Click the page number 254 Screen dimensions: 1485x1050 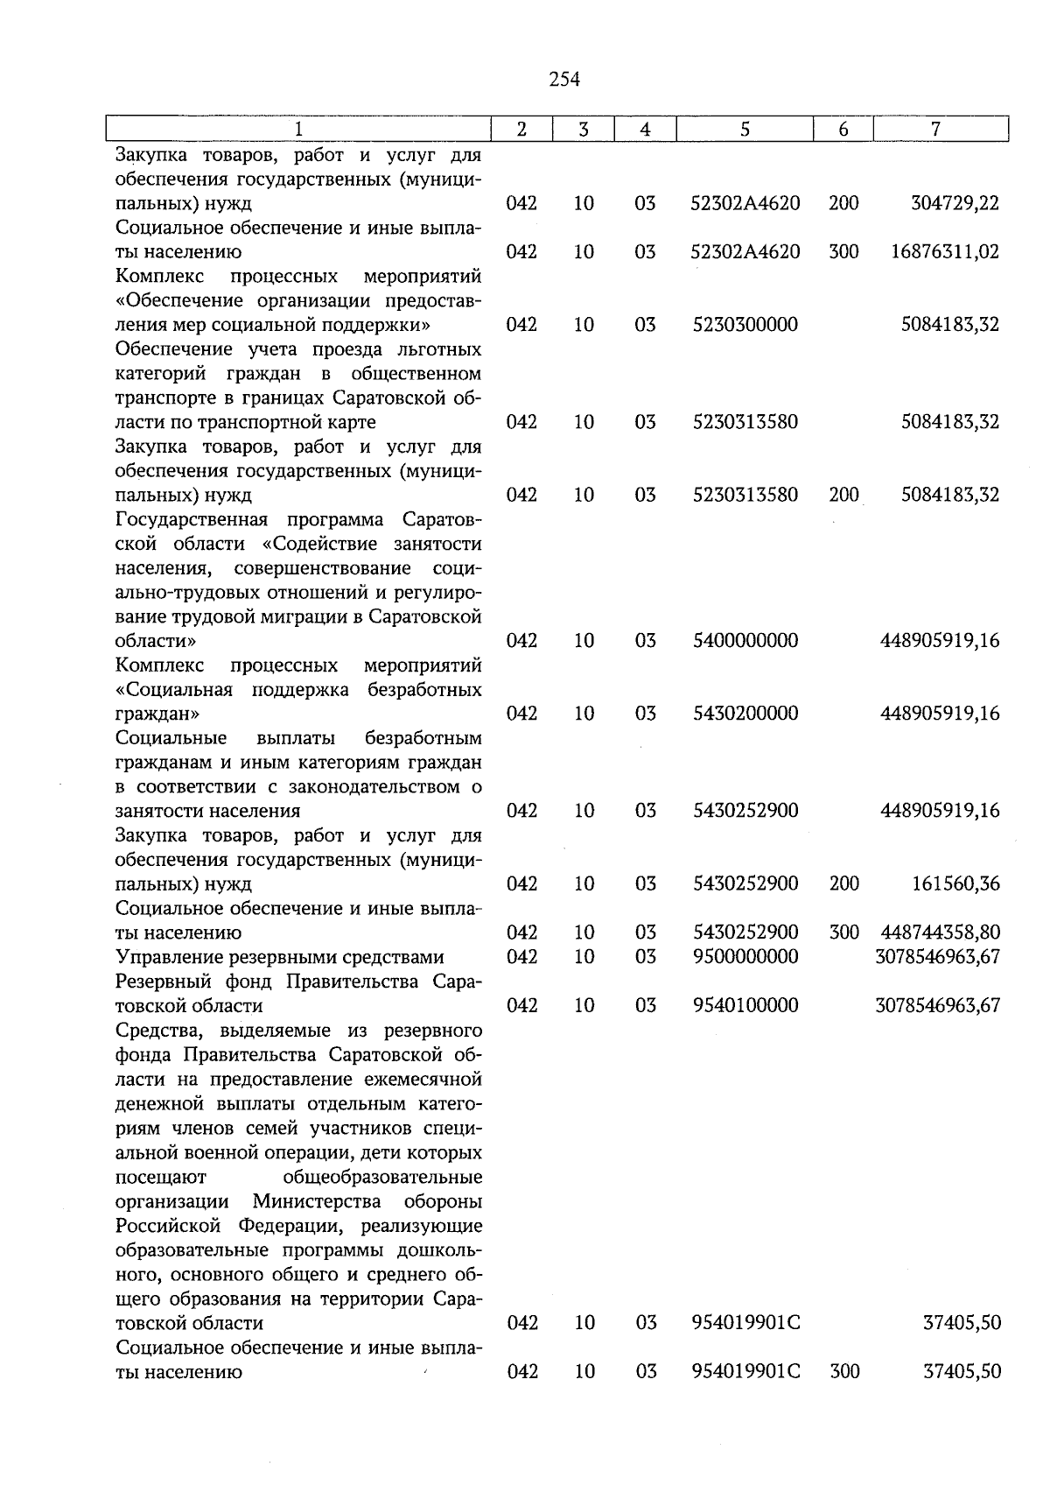pyautogui.click(x=564, y=80)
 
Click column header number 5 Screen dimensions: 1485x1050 pyautogui.click(x=745, y=129)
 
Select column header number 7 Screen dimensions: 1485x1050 pyautogui.click(x=935, y=129)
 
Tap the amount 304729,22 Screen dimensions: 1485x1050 pyautogui.click(x=955, y=203)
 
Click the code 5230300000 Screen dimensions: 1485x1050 pyautogui.click(x=745, y=325)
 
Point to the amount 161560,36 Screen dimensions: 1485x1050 pyautogui.click(x=955, y=883)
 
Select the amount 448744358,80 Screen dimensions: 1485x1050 pyautogui.click(x=941, y=933)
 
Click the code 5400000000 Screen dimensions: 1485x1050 pyautogui.click(x=745, y=641)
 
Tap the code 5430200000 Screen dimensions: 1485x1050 pyautogui.click(x=745, y=714)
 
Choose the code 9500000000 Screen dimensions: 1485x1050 pyautogui.click(x=745, y=956)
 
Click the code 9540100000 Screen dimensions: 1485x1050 pyautogui.click(x=745, y=1005)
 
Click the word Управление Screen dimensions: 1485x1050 pyautogui.click(x=164, y=957)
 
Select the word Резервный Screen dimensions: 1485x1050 pyautogui.click(x=161, y=982)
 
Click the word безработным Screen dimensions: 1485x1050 pyautogui.click(x=423, y=738)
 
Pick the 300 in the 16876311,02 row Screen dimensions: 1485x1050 pyautogui.click(x=843, y=252)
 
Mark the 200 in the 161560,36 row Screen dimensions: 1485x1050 pyautogui.click(x=843, y=883)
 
